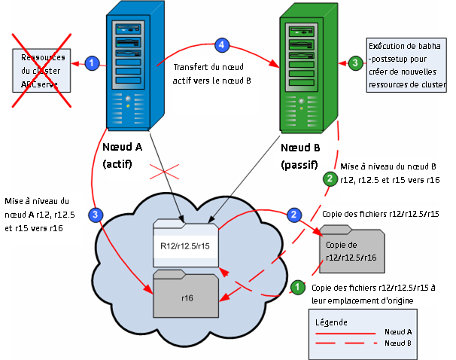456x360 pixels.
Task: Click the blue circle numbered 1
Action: pos(92,63)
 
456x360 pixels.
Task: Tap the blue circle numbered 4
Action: pos(221,45)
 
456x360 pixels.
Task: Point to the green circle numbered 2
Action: pos(329,178)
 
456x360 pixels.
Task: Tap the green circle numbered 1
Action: pos(297,287)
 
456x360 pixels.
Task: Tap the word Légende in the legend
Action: pos(333,322)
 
